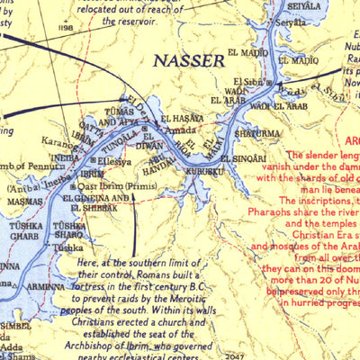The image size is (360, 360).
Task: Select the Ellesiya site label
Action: pos(113,163)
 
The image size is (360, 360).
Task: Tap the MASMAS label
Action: pos(25,202)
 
